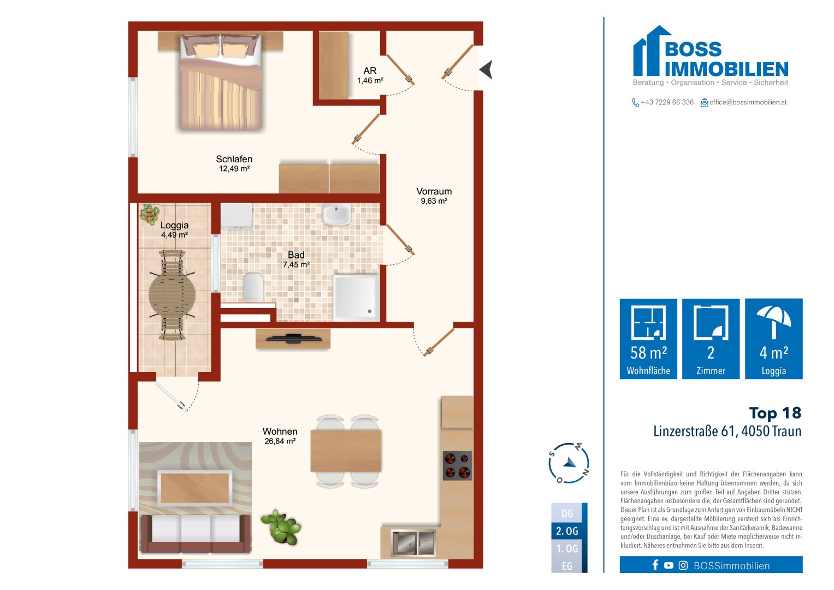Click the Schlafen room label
click(x=234, y=159)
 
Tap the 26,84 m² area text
click(x=280, y=441)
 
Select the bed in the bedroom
click(x=221, y=82)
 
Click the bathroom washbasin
click(x=336, y=214)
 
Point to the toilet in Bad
click(x=253, y=287)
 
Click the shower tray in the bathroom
click(x=357, y=297)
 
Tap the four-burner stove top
click(x=457, y=465)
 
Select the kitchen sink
click(x=413, y=542)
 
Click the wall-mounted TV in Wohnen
click(x=293, y=338)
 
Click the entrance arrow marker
click(x=486, y=70)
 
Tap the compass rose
click(x=569, y=463)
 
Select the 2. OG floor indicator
click(x=567, y=531)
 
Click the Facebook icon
click(x=655, y=565)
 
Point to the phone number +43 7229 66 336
click(x=667, y=102)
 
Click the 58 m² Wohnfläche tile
click(x=648, y=339)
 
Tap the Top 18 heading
click(x=775, y=413)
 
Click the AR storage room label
click(x=370, y=71)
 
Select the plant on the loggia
click(x=149, y=215)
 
